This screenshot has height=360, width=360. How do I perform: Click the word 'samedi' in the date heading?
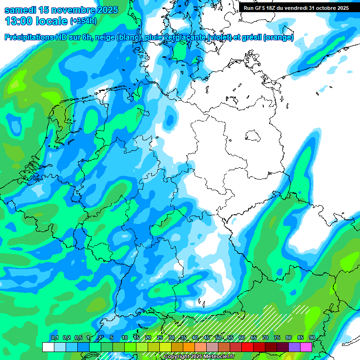[x=21, y=10]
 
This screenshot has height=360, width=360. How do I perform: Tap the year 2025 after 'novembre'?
[x=105, y=10]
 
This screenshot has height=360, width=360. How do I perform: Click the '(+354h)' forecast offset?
[x=83, y=21]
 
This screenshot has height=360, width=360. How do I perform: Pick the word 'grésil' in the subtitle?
[x=249, y=37]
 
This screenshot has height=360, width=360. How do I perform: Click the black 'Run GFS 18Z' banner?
[x=296, y=7]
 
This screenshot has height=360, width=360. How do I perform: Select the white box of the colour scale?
[x=48, y=347]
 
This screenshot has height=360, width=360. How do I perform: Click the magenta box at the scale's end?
[x=306, y=347]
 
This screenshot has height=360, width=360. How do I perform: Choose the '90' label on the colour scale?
[x=312, y=337]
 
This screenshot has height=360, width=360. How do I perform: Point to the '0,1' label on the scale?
[x=54, y=337]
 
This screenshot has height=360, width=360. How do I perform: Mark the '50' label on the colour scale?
[x=218, y=337]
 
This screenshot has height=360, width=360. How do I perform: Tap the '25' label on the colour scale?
[x=159, y=337]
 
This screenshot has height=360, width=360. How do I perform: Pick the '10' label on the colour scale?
[x=124, y=337]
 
